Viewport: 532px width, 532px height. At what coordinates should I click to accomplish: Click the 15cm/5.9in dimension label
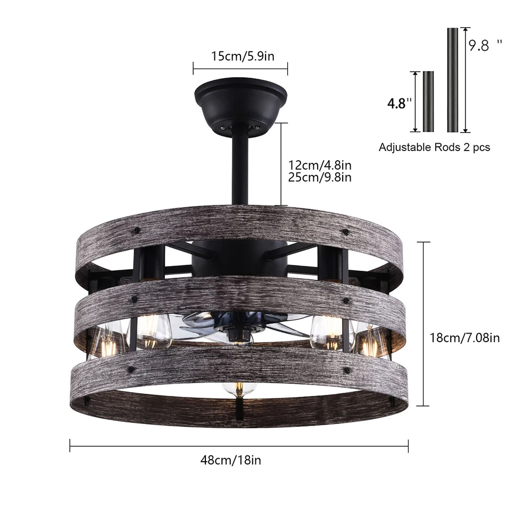(x=243, y=56)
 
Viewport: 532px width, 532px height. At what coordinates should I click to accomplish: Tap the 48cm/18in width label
(x=231, y=460)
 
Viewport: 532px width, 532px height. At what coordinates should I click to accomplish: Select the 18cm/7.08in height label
(x=464, y=338)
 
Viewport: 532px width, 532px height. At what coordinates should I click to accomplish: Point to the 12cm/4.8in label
(x=320, y=165)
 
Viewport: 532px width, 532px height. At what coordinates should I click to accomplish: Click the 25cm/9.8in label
(x=320, y=177)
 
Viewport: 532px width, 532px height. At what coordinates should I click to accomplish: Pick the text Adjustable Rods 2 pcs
(x=434, y=147)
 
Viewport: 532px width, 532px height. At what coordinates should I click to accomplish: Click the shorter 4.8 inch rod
(x=428, y=102)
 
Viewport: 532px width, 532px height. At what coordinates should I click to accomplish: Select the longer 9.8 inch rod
(x=453, y=80)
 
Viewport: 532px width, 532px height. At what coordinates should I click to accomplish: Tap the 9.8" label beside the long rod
(x=485, y=45)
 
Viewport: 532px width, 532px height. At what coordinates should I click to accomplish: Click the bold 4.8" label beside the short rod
(x=400, y=103)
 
